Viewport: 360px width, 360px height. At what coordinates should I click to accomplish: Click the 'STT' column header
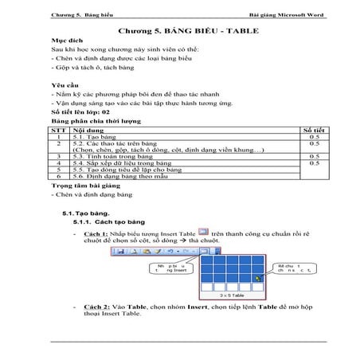(58, 128)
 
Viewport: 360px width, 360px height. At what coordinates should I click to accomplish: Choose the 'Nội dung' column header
(88, 128)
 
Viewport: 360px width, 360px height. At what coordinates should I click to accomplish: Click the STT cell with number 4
(59, 163)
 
